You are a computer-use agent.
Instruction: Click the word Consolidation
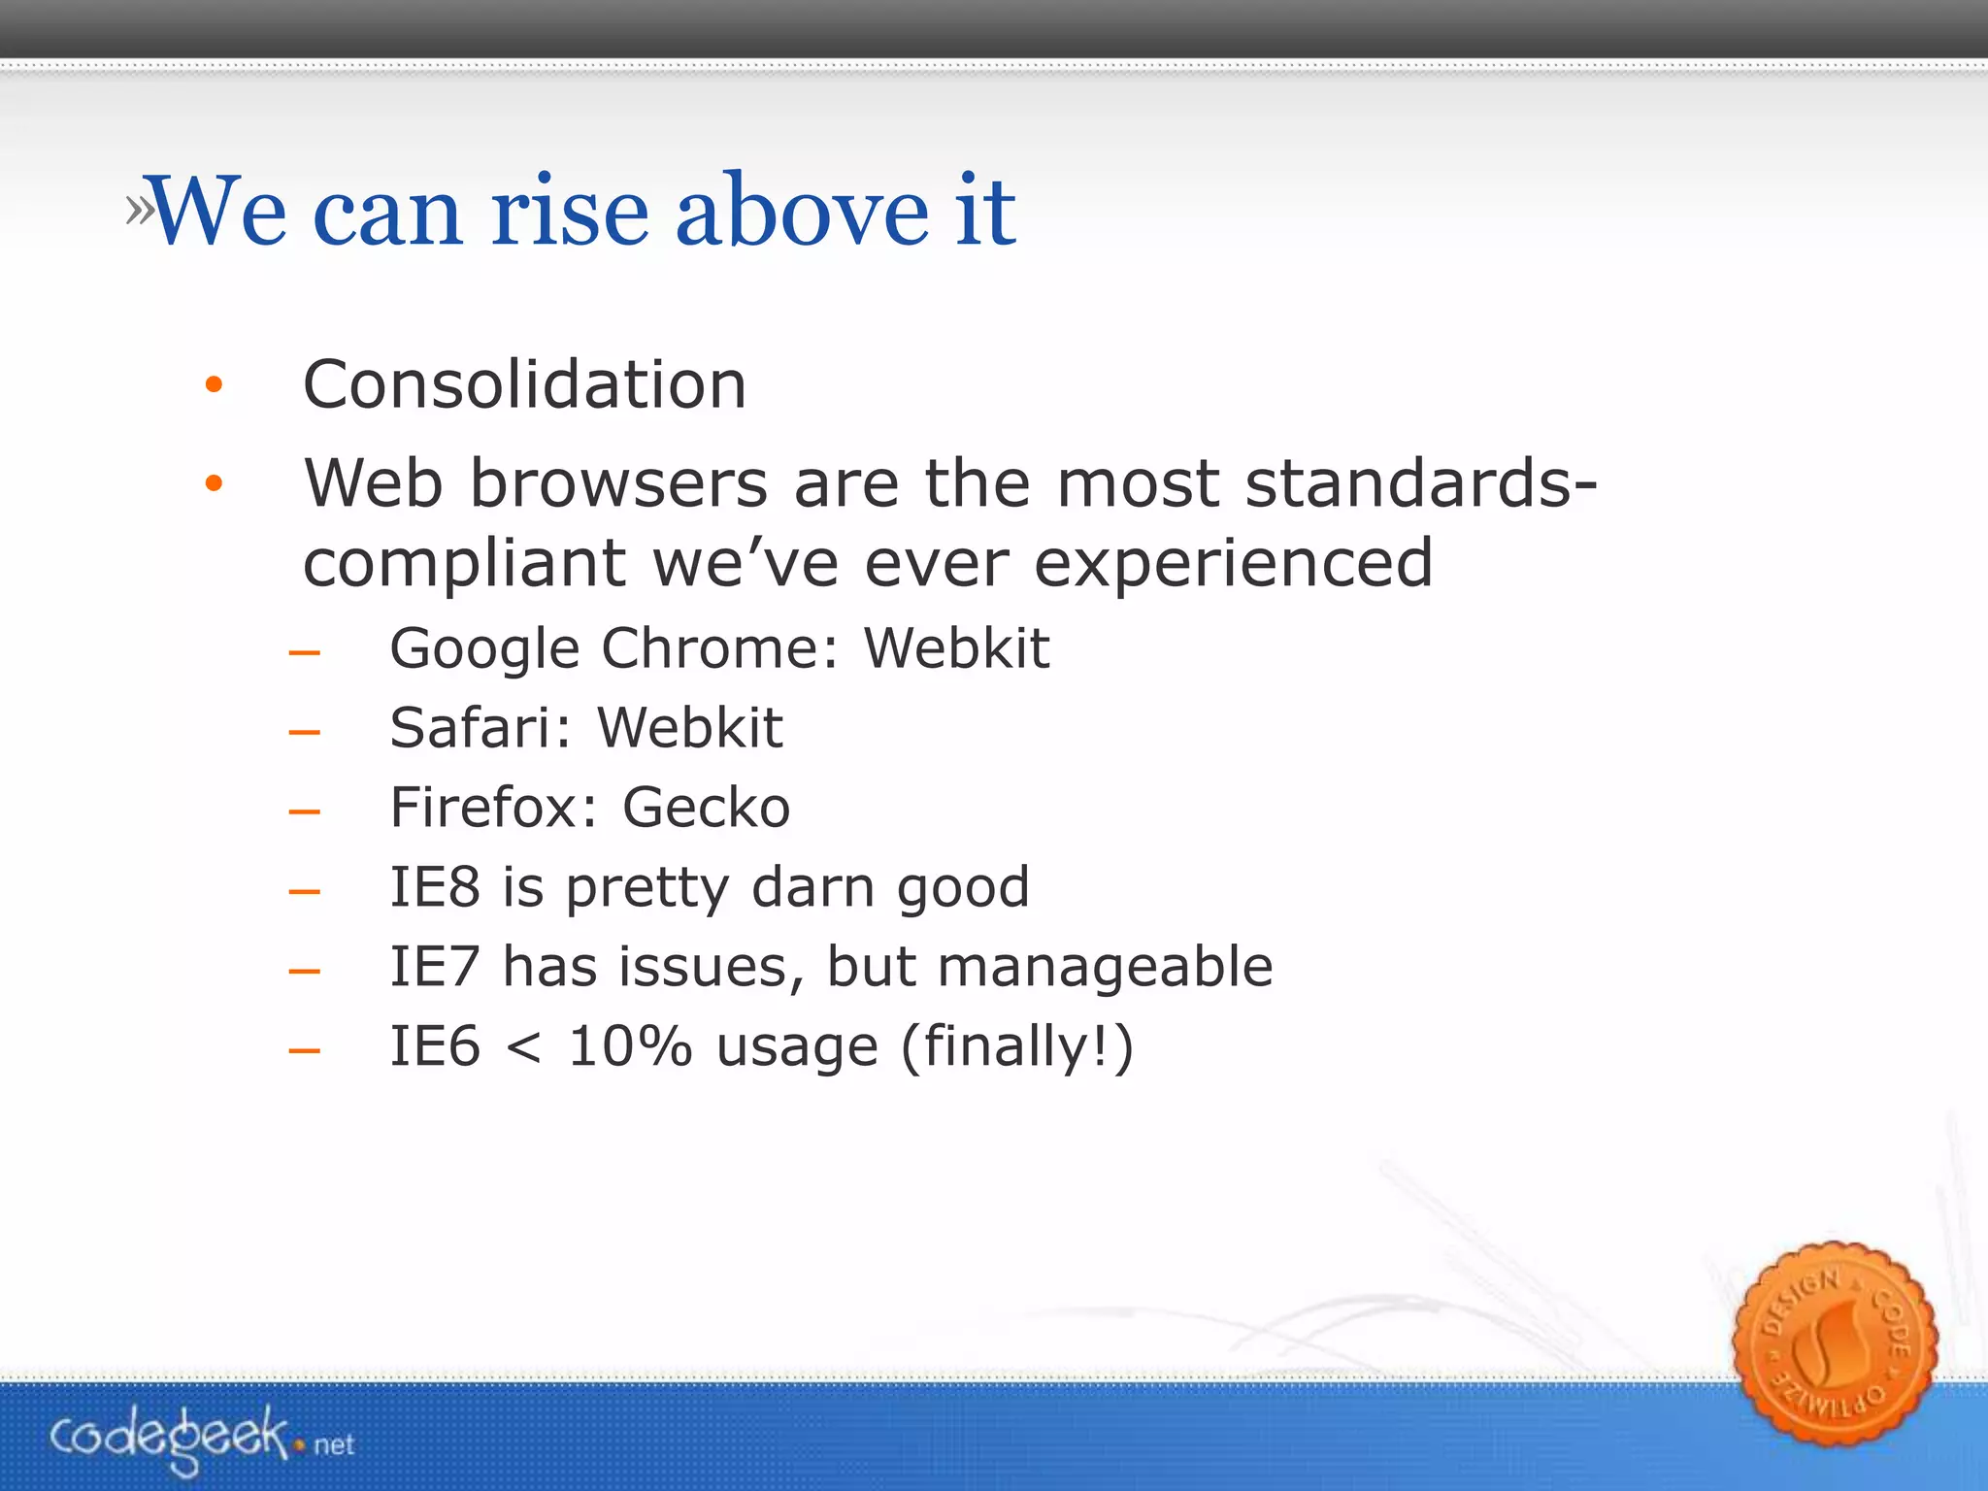point(524,384)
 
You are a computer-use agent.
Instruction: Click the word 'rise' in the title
point(569,211)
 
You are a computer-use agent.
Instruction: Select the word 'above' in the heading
point(802,211)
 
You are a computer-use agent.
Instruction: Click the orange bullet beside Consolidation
point(215,386)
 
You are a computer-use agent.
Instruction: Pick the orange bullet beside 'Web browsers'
point(215,483)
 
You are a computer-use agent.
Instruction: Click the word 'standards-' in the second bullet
point(1420,482)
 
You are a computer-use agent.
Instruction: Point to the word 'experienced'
point(1233,563)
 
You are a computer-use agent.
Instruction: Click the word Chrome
point(718,648)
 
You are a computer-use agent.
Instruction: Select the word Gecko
point(706,808)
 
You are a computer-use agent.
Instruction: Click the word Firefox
point(493,808)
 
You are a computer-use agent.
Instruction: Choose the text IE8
point(434,887)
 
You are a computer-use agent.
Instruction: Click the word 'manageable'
point(1105,967)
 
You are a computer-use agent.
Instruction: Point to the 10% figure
point(629,1046)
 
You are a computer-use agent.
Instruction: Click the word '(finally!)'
point(1016,1046)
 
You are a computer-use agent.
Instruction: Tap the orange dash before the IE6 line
point(304,1050)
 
